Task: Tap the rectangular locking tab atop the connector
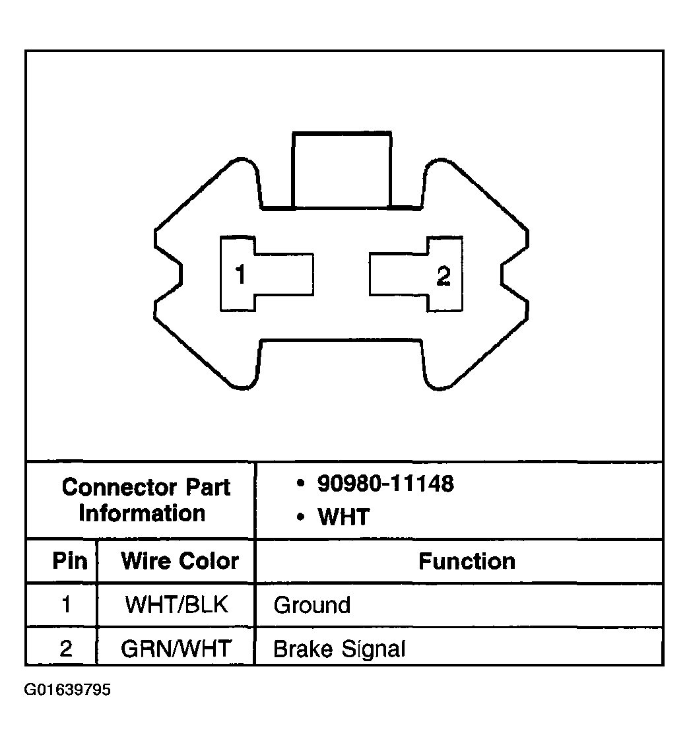[342, 170]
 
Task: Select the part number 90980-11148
[385, 484]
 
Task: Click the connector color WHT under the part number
[344, 517]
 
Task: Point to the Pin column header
[70, 561]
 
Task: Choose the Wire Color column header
[180, 561]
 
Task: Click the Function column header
[467, 562]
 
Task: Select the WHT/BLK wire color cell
[176, 605]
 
